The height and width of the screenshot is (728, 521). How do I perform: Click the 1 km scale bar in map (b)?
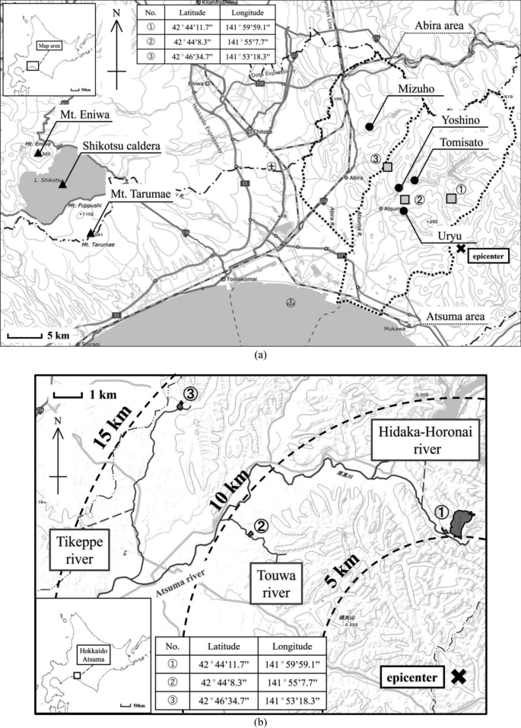(x=68, y=395)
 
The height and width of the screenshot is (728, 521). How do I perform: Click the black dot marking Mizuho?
(x=369, y=126)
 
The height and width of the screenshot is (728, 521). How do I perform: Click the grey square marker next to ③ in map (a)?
(x=388, y=167)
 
